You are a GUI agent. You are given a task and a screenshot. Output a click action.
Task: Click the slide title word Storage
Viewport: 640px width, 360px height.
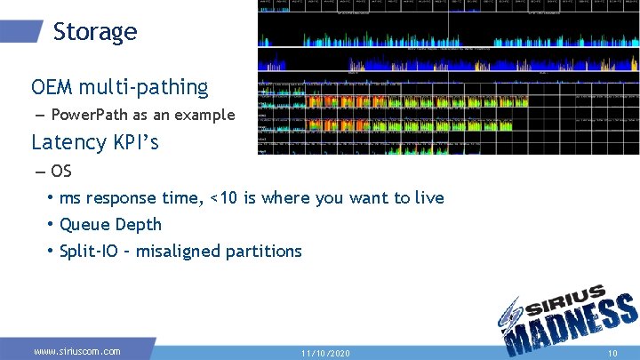(95, 32)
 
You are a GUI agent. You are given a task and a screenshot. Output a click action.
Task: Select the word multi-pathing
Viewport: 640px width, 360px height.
(143, 87)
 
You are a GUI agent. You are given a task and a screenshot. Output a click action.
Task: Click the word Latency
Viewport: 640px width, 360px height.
(68, 142)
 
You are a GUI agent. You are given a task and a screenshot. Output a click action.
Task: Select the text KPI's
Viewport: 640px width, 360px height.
(133, 142)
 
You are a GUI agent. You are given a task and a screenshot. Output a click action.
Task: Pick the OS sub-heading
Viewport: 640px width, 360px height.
(61, 171)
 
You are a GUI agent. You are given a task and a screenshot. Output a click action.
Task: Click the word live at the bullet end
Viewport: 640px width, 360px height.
(428, 197)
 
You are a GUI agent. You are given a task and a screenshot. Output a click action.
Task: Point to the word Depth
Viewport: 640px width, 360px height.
(138, 224)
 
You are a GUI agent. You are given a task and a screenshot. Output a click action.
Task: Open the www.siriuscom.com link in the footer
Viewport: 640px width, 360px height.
(77, 351)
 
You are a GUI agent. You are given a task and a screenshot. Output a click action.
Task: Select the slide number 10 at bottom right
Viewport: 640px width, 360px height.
(612, 353)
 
